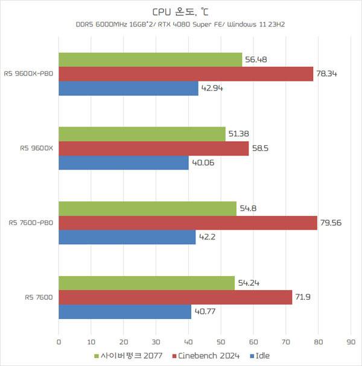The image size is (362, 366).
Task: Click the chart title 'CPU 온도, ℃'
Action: click(x=180, y=11)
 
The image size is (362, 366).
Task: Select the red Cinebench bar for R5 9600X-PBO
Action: click(x=186, y=74)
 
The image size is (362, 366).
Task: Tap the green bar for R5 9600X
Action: click(x=142, y=133)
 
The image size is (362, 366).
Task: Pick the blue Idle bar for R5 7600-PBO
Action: click(x=127, y=238)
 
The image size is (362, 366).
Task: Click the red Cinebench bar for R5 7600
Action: click(x=175, y=297)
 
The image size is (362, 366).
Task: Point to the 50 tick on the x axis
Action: click(x=221, y=342)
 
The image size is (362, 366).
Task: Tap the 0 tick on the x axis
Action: click(x=59, y=342)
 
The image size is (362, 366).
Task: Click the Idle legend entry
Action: click(x=261, y=356)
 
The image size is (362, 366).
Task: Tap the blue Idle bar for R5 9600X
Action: click(x=123, y=163)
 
